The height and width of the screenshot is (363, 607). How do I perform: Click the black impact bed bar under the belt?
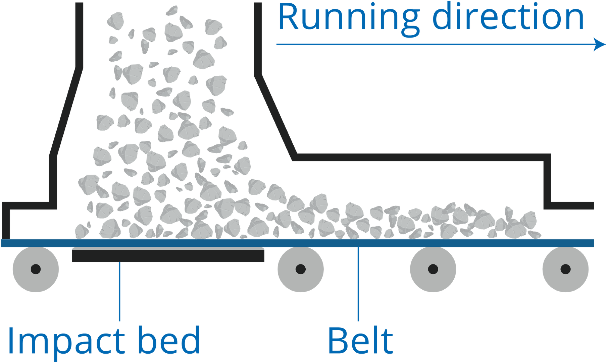[x=168, y=256]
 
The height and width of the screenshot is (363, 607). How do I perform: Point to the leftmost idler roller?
[x=36, y=269]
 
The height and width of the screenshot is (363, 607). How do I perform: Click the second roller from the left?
[x=300, y=269]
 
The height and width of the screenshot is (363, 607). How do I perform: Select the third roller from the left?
[x=433, y=269]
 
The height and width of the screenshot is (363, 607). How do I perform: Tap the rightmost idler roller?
[x=565, y=269]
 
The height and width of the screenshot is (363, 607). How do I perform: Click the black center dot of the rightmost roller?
[x=565, y=269]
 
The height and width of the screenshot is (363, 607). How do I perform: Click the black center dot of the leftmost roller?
[x=36, y=269]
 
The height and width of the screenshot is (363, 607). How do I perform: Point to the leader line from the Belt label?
[x=359, y=285]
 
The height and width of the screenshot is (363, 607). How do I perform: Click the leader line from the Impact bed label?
[x=120, y=292]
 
